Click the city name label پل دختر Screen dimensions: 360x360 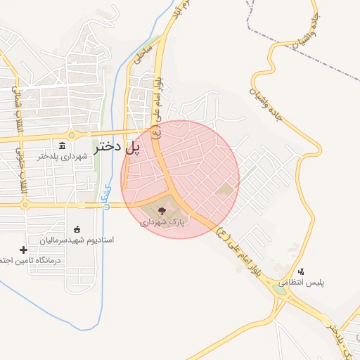114,147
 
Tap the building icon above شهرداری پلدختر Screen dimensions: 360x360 63,146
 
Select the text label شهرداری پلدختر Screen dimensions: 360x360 63,156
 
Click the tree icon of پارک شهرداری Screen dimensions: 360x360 163,210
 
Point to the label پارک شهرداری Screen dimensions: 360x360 162,221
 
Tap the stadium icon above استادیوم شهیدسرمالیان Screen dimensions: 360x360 77,229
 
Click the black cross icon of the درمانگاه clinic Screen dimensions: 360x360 24,250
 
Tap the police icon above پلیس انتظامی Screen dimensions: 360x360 302,271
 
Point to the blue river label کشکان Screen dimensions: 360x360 106,195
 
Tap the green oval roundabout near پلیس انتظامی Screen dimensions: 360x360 281,288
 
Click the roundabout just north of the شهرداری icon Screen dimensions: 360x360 71,134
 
